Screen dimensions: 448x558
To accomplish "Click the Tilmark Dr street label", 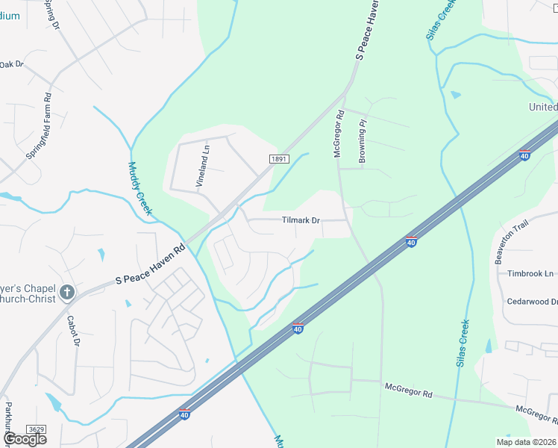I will coord(301,221).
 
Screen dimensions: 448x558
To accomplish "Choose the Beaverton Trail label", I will coord(510,240).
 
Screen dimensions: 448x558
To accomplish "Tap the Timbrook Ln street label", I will coord(530,274).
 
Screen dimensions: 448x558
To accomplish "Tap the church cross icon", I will coord(67,292).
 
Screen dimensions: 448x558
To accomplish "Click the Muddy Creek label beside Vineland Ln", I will coord(139,189).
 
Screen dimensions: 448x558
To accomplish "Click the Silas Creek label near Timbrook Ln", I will coord(463,343).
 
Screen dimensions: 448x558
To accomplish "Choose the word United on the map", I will coord(543,107).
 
